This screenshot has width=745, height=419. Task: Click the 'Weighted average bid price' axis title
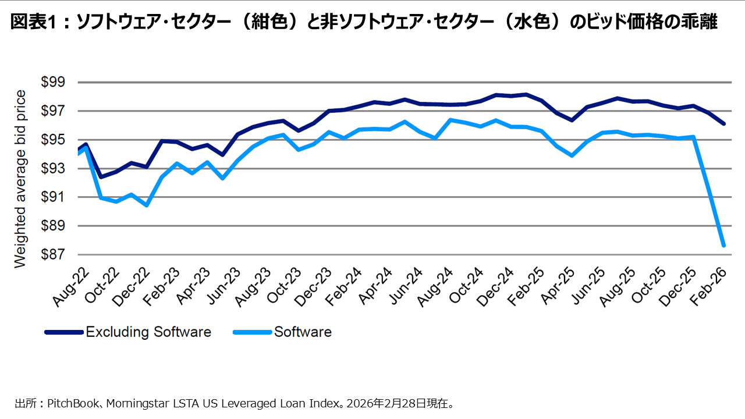pos(20,179)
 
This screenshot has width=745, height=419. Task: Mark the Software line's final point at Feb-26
pos(723,246)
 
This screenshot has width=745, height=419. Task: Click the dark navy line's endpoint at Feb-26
pos(723,124)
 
